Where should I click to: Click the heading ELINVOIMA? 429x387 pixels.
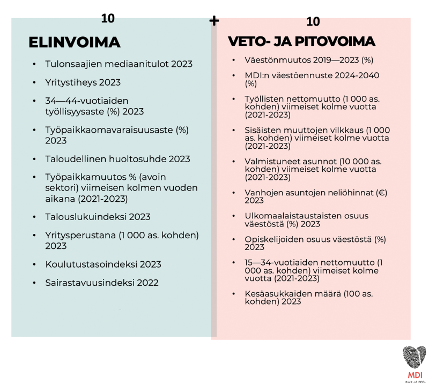(74, 42)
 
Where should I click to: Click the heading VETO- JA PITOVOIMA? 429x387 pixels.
(301, 42)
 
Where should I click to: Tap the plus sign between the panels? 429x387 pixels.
(214, 21)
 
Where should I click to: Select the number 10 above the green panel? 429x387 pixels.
(108, 18)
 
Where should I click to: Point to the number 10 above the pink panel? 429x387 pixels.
(313, 21)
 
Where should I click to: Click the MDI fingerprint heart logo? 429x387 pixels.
(414, 356)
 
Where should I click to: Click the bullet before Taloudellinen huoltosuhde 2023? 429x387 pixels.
(34, 160)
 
